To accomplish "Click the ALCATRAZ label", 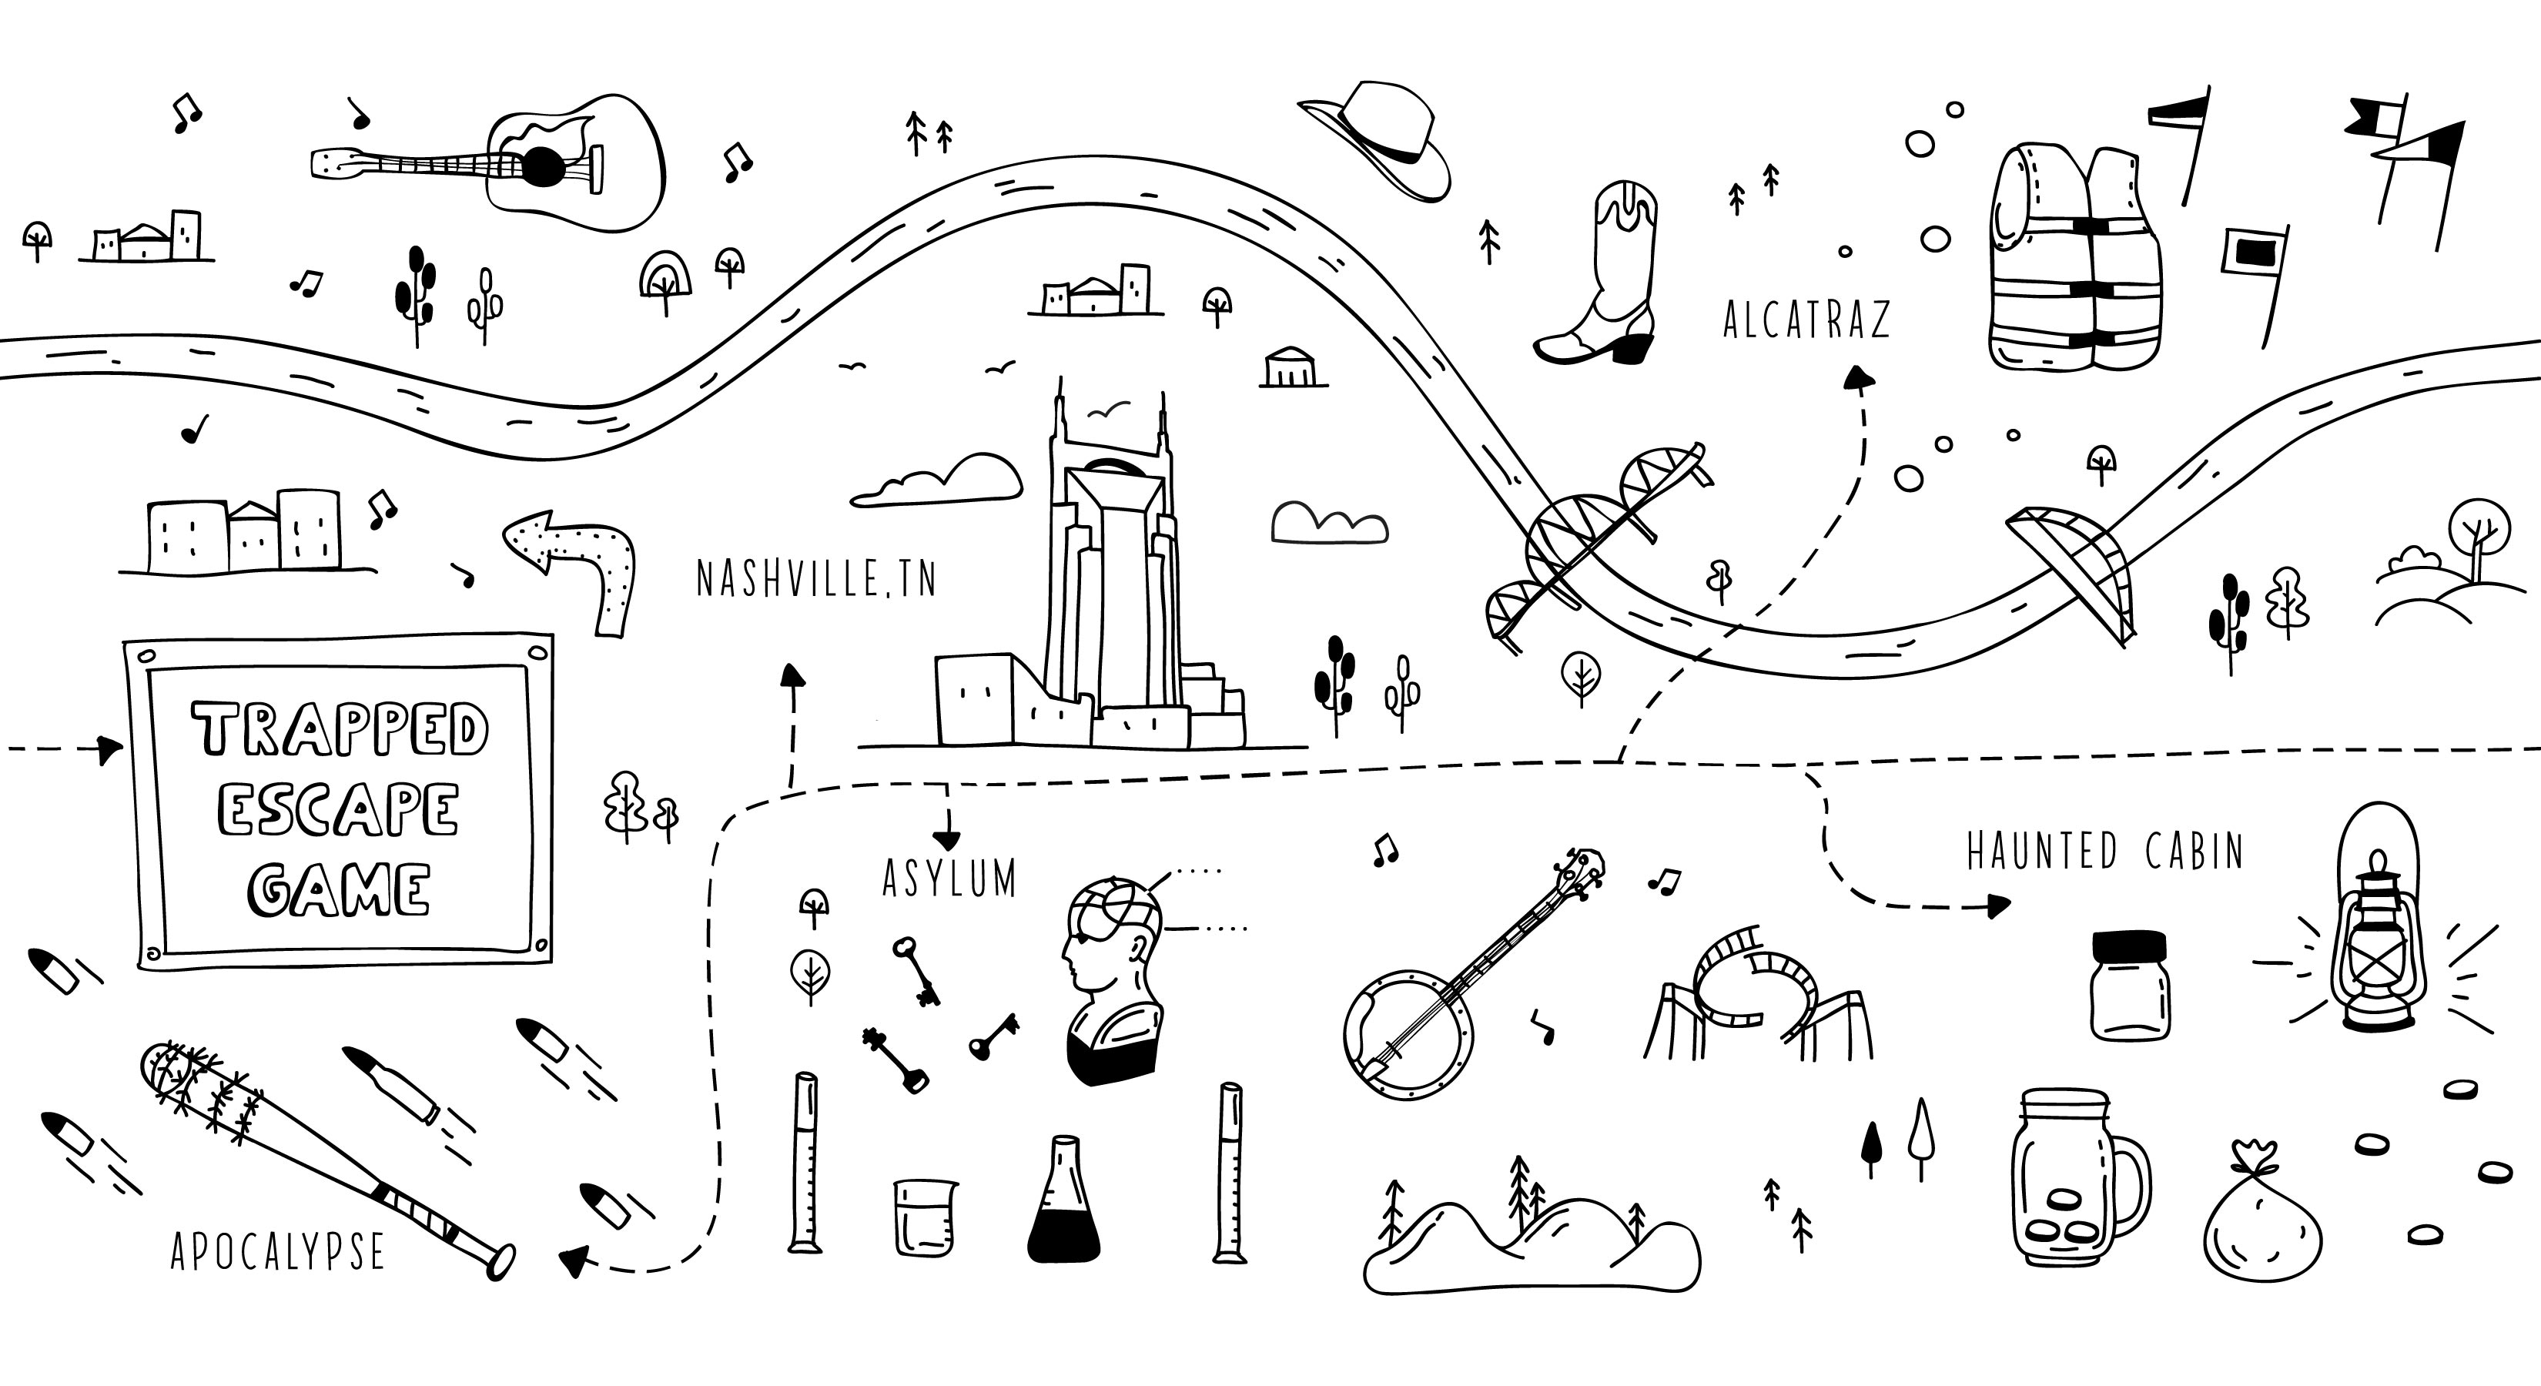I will point(1806,320).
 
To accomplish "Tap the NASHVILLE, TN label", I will point(815,579).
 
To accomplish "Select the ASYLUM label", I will point(949,878).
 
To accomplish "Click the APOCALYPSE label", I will point(277,1252).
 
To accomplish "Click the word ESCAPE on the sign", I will point(338,810).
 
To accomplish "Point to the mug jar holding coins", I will point(2071,1179).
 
